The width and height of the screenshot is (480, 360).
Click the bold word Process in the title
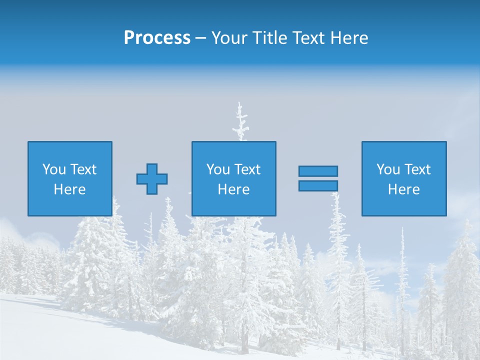[x=157, y=38]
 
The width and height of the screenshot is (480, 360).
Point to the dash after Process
[x=200, y=38]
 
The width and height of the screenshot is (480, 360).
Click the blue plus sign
[x=152, y=179]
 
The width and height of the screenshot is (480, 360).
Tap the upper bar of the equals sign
[x=318, y=171]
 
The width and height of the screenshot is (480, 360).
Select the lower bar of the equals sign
[x=318, y=186]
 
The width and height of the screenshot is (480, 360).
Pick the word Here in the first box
[x=70, y=189]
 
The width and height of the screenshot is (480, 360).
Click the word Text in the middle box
[x=247, y=169]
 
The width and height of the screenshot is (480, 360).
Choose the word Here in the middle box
[x=234, y=189]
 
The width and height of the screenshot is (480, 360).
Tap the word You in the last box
[x=388, y=169]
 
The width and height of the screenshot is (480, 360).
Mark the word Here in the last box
[x=404, y=189]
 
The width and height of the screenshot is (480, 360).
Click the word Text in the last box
[x=417, y=169]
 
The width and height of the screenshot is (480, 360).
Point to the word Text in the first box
[x=83, y=169]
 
